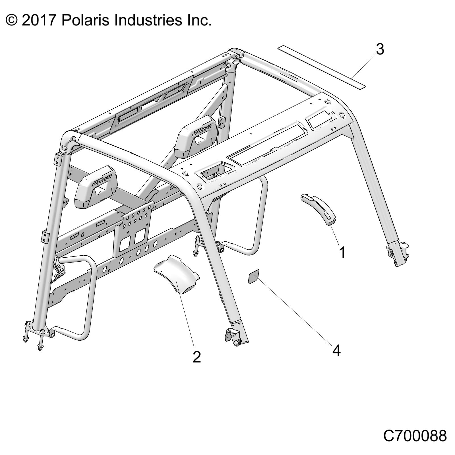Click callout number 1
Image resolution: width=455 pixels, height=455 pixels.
(342, 252)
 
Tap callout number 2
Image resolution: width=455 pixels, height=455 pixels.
(197, 357)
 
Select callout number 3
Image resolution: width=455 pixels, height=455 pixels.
(380, 49)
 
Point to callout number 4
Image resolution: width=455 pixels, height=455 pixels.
(336, 351)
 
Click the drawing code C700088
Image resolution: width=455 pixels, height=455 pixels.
(415, 436)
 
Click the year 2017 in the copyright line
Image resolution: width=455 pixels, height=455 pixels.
(38, 20)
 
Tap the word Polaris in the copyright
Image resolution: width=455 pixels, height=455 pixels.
(83, 20)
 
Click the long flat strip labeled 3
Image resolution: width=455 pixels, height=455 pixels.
(321, 66)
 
